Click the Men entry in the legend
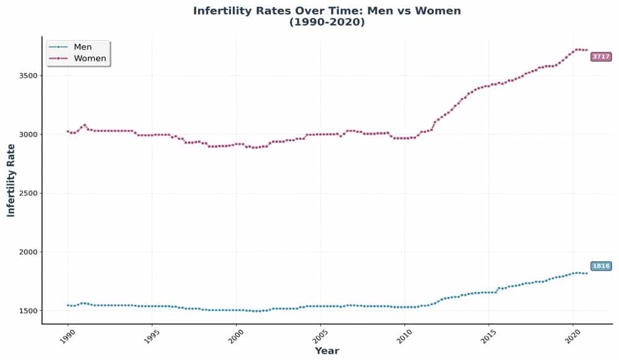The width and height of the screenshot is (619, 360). [x=82, y=47]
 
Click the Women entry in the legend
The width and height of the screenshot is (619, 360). [x=90, y=58]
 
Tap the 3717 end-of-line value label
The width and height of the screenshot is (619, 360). [x=600, y=56]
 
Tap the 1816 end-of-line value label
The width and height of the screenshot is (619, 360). [x=600, y=266]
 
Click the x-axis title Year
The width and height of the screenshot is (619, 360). [x=327, y=351]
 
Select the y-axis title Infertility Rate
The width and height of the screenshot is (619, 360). [x=11, y=179]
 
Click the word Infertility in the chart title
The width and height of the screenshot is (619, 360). [x=223, y=11]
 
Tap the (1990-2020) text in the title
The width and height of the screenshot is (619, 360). [x=327, y=22]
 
